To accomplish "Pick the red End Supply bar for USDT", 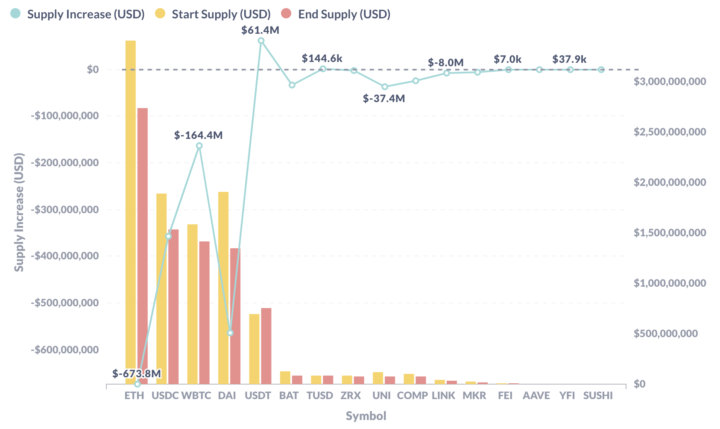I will [266, 346].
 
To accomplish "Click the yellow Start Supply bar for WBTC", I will [193, 304].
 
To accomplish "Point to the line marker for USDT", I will [261, 41].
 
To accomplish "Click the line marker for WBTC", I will [199, 146].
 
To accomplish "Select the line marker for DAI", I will [230, 333].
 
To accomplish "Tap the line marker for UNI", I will [385, 87].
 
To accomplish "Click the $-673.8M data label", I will [137, 373].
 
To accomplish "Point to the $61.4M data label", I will [260, 30].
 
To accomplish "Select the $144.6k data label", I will [322, 59].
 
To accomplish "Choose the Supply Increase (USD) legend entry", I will [78, 14].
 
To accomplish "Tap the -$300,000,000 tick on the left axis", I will [64, 209].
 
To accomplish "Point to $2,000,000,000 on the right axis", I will [670, 182].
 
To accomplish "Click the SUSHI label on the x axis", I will [598, 396].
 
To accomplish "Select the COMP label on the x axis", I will [412, 396].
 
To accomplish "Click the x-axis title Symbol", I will [366, 416].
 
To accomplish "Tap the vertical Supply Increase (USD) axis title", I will [19, 212].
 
